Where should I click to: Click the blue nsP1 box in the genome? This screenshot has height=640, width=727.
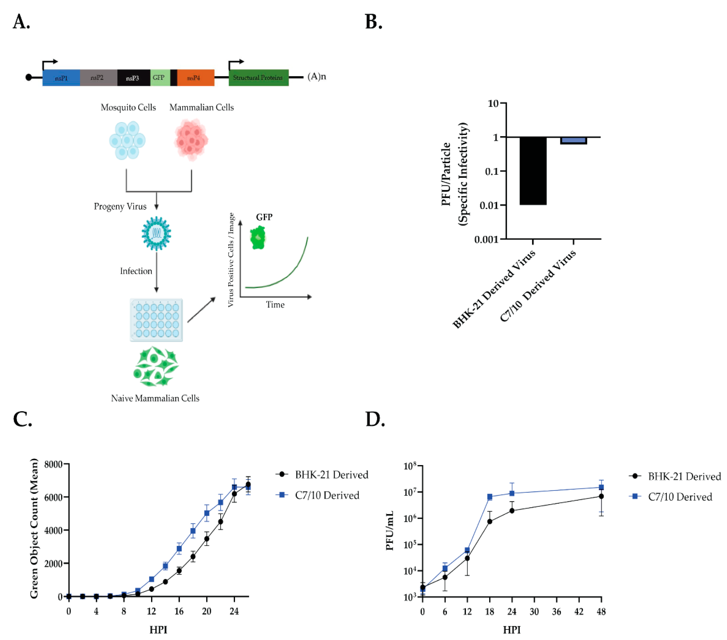point(61,78)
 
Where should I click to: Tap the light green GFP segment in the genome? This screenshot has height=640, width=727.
point(160,78)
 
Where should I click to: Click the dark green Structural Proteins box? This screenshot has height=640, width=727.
point(258,78)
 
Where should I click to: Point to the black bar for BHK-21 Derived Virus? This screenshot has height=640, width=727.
point(533,171)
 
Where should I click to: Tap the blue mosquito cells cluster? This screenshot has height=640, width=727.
point(127,141)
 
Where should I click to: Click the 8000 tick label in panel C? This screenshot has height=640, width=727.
point(53,464)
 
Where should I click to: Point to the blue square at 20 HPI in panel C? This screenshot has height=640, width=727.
point(207,513)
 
